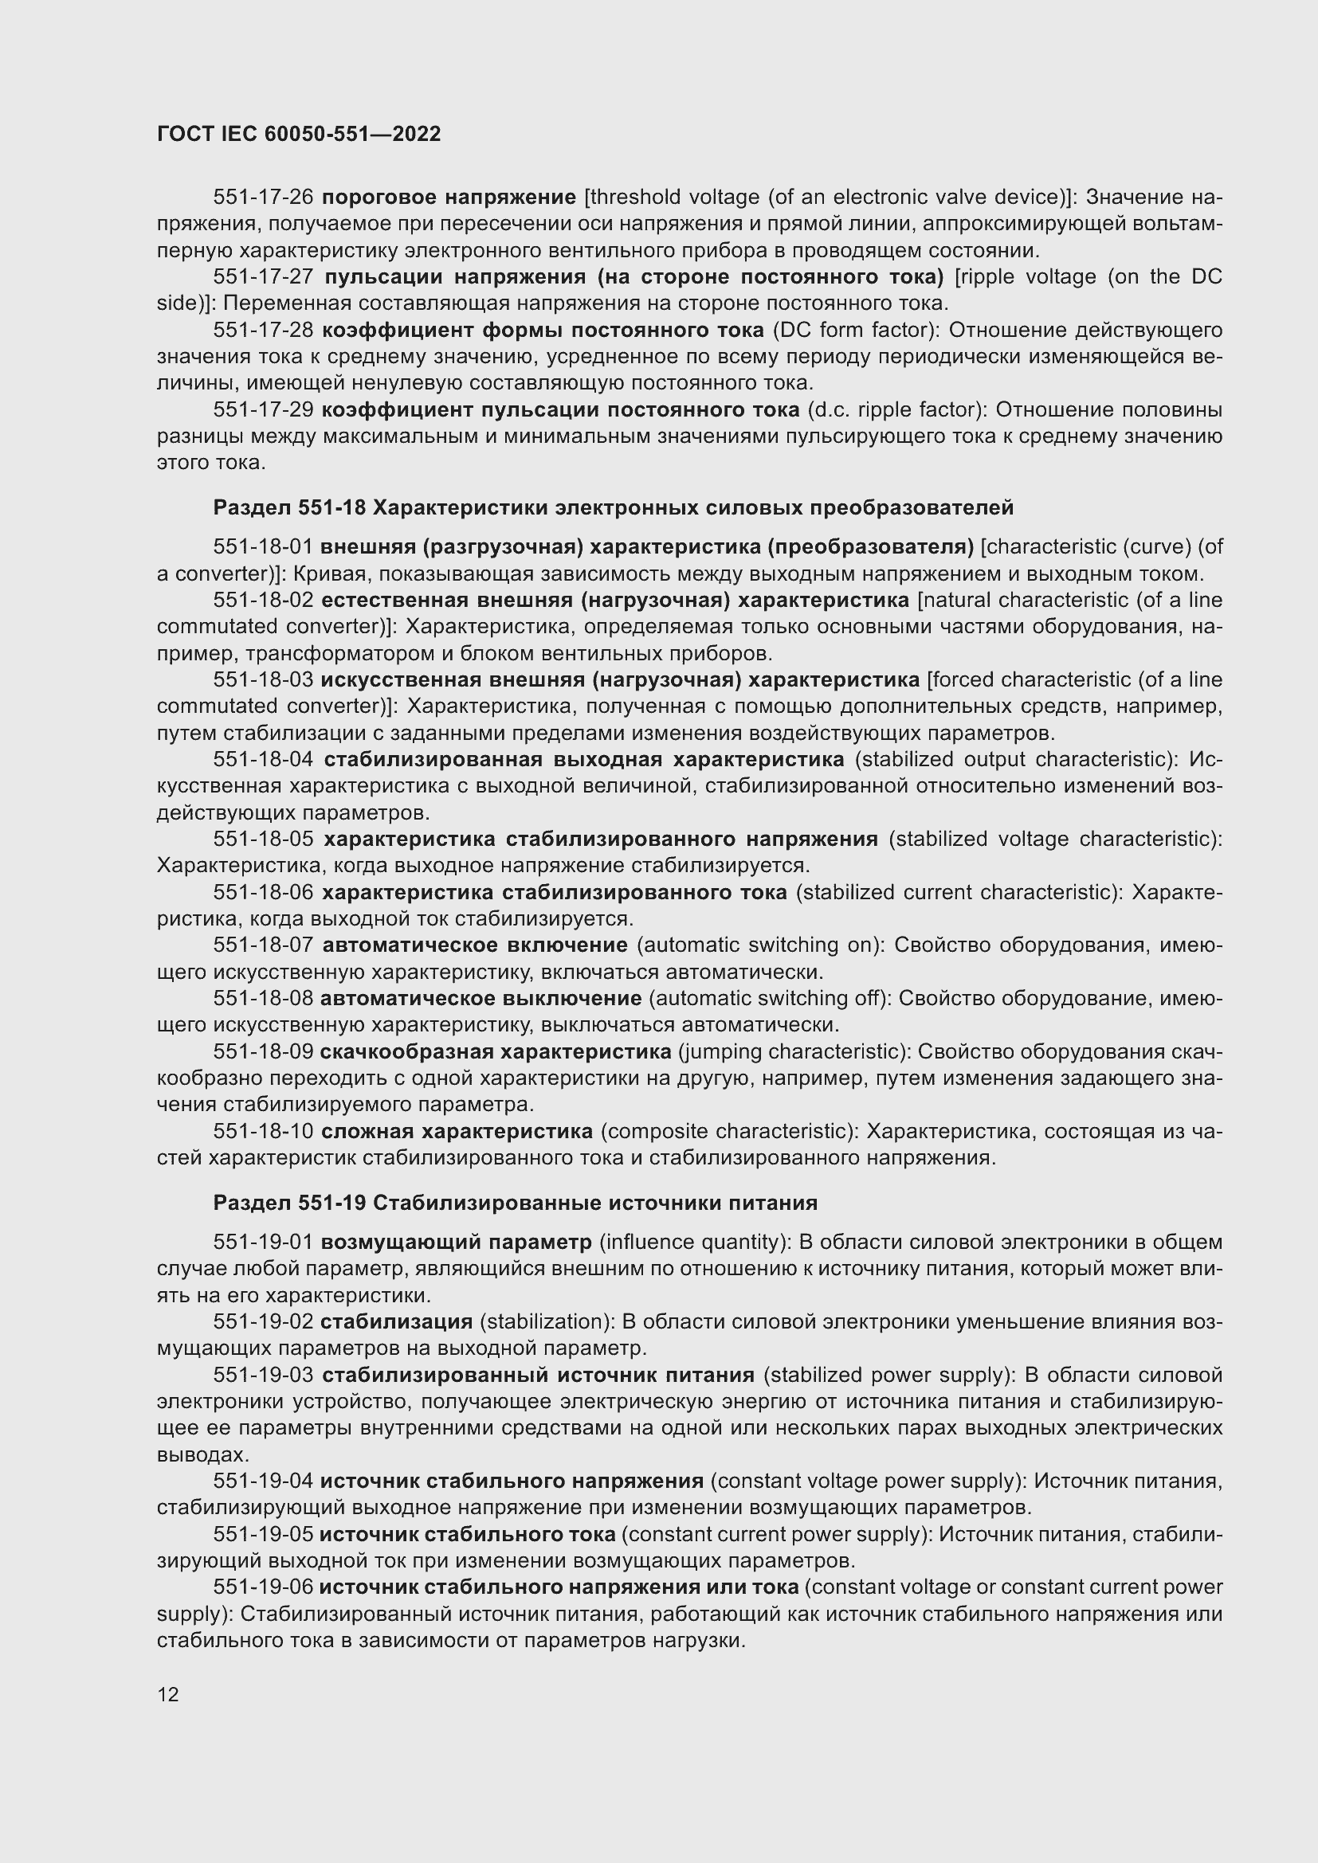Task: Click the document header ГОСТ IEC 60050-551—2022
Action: tap(299, 135)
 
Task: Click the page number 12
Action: tap(168, 1694)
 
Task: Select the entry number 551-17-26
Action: tap(263, 198)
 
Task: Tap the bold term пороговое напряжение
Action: tap(449, 198)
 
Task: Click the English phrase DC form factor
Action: tap(852, 331)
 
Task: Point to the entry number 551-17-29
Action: tap(263, 409)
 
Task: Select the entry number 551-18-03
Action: tap(263, 679)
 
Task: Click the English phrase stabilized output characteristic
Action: tap(1015, 760)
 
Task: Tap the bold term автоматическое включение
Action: tap(475, 945)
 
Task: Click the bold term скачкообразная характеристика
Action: tap(495, 1051)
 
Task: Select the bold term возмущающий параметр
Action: tap(456, 1243)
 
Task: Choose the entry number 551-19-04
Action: tap(263, 1481)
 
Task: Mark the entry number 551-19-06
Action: tap(263, 1587)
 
